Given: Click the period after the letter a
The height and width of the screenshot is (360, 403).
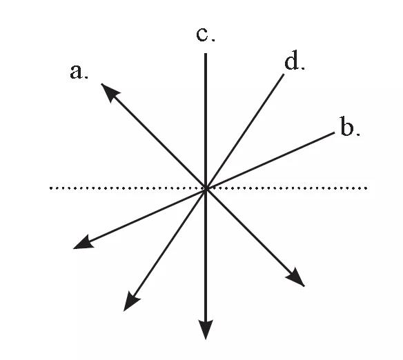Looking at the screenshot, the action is coord(87,77).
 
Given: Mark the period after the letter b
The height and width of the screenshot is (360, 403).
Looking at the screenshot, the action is coord(358,134).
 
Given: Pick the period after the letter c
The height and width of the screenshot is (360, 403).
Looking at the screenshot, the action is coord(213,40).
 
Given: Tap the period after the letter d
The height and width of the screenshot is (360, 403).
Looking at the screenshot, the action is coord(303,68).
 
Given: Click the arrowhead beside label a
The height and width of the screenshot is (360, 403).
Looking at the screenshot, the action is coord(110,92).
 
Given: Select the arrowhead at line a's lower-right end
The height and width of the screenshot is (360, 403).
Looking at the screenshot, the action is coord(296,278).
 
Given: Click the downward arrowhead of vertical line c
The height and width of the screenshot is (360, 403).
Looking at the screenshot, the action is coord(206,329).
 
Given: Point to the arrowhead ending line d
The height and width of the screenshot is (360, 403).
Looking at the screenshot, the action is coord(131,302).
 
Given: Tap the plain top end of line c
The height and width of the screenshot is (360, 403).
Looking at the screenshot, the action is coord(206,54).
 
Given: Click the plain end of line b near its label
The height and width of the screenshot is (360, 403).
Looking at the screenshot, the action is coord(334,132).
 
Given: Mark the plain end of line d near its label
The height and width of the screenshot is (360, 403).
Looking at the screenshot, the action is coord(284,74).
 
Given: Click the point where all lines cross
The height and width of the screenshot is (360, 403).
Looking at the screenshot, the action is coord(206,188).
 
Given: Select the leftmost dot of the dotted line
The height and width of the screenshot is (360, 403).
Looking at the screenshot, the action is coord(50,188).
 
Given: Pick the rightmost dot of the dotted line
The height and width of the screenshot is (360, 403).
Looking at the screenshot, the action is coord(366,188).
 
